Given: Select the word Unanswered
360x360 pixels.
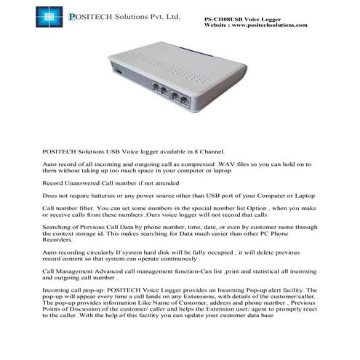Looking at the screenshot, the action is pyautogui.click(x=81, y=184).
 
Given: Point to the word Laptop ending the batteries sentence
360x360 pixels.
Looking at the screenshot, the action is pyautogui.click(x=300, y=196).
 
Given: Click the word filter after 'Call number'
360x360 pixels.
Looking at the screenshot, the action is pyautogui.click(x=84, y=209).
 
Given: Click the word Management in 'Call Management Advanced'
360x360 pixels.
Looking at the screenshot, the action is pyautogui.click(x=78, y=271).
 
